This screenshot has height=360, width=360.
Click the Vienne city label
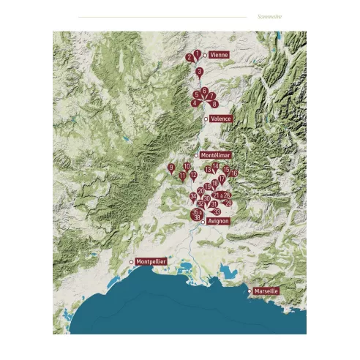(x=219, y=55)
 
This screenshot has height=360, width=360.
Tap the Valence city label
(x=220, y=119)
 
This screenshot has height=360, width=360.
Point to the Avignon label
(x=219, y=221)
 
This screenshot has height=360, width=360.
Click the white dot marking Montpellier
(x=132, y=261)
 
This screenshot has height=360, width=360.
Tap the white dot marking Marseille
(x=250, y=290)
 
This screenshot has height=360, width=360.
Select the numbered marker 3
(x=199, y=72)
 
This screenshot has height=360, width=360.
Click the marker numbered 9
(x=171, y=168)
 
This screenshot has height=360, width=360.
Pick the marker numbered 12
(x=193, y=176)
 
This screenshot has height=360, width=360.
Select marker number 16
(x=234, y=173)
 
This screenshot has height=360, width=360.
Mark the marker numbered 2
(x=190, y=57)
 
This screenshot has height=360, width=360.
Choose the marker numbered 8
(x=214, y=104)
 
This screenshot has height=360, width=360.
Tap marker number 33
(x=217, y=211)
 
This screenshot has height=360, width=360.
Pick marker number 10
(x=187, y=166)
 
